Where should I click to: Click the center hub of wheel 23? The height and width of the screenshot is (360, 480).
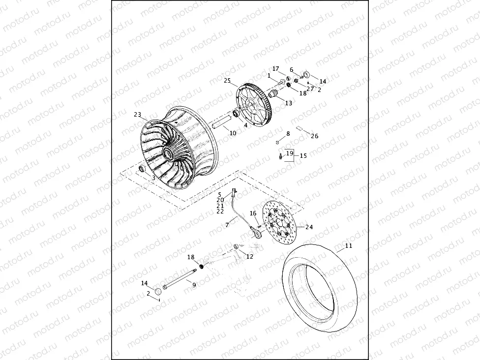coord(169,153)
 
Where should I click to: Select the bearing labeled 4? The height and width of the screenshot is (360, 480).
coord(237,114)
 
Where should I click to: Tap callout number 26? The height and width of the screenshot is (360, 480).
coord(315,136)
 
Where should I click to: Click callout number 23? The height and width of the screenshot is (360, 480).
coord(137,115)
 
